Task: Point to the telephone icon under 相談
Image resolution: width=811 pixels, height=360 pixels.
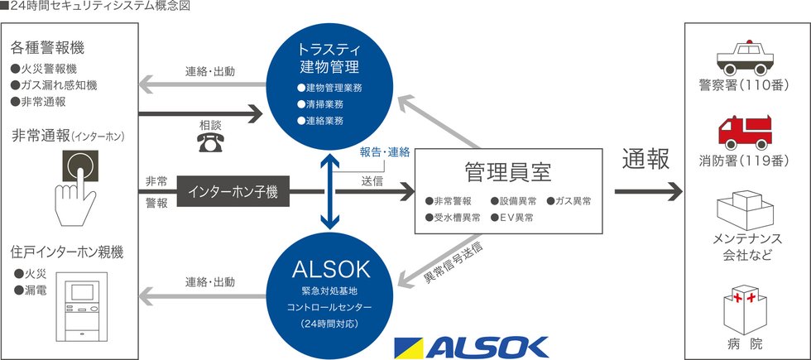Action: coord(209,142)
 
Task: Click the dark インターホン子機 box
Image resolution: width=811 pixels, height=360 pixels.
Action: coord(233,192)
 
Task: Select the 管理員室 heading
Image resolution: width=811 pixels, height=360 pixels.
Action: coord(508,172)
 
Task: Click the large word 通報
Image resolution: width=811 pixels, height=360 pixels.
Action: coord(646,160)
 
